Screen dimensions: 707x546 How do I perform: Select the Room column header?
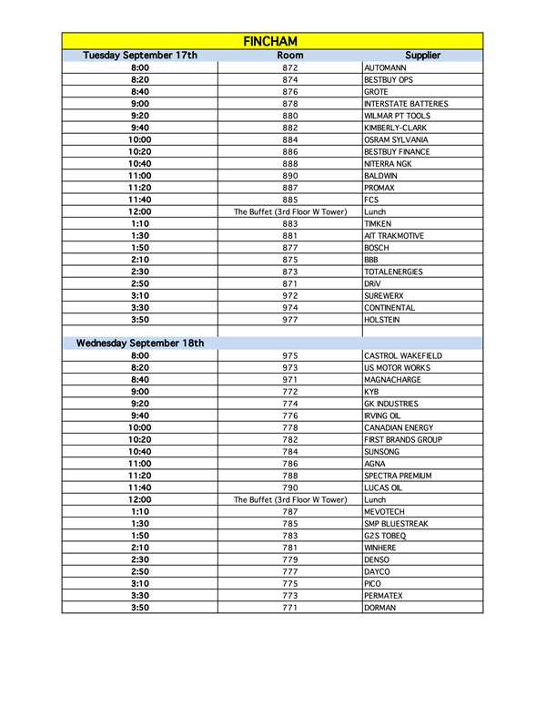pos(289,56)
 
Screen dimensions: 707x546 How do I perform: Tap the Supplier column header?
pos(422,56)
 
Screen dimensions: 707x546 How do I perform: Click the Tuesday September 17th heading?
pos(140,56)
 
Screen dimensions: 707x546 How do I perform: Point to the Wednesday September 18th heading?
pos(140,343)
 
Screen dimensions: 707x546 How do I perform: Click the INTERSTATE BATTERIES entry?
pos(405,104)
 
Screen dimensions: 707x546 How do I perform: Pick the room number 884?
pos(289,140)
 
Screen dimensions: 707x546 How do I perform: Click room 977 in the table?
pos(289,320)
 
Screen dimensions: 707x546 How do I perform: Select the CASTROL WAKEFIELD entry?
pos(403,355)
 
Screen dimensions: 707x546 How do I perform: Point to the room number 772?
pos(289,392)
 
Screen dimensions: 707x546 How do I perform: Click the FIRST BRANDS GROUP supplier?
pos(402,440)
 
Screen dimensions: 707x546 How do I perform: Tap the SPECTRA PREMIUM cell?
pos(397,476)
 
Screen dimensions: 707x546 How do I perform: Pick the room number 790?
pos(289,488)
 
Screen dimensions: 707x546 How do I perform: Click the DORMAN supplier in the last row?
pos(379,608)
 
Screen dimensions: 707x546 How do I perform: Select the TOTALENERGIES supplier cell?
pos(394,272)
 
